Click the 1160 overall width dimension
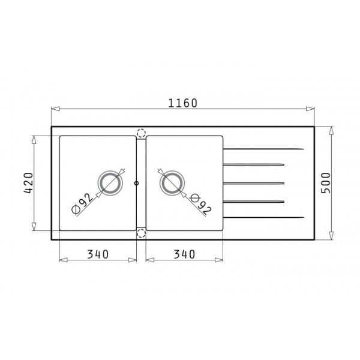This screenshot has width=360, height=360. tap(183, 103)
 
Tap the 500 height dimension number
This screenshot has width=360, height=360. tap(325, 183)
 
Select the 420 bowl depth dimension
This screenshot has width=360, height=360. tap(29, 183)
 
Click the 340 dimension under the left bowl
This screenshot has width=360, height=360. tap(98, 254)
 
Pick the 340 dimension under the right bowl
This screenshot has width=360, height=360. tap(184, 254)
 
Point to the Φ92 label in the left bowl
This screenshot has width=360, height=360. tap(82, 204)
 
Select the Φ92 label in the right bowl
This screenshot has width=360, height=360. tap(201, 204)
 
